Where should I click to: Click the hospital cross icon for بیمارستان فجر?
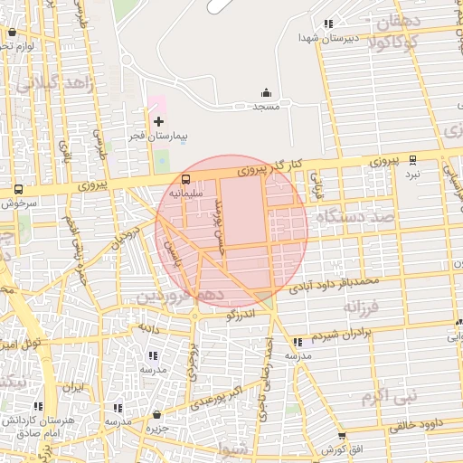159,120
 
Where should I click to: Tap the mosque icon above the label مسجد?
266,92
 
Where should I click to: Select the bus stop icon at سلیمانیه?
186,179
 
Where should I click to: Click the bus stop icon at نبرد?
413,158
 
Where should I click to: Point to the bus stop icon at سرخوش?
18,190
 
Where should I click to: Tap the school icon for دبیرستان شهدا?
329,24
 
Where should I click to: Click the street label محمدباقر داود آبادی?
343,285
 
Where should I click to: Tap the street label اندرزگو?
241,314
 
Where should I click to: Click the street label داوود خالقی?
420,422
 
